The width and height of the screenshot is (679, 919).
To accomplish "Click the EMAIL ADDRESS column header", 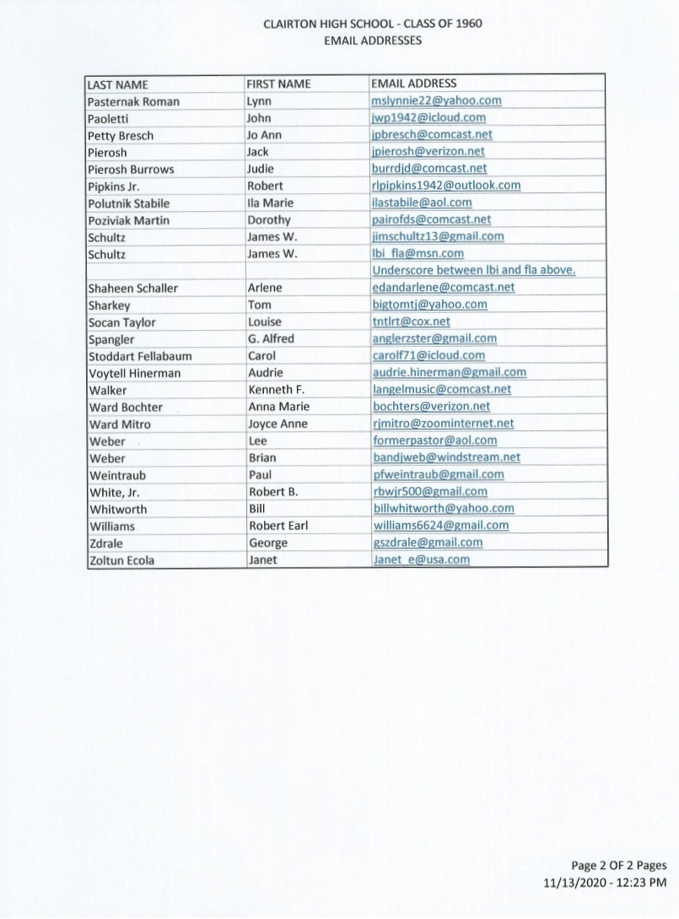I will tap(413, 84).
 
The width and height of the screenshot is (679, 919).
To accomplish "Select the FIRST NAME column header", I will tap(278, 84).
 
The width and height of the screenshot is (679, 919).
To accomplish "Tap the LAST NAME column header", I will tap(118, 84).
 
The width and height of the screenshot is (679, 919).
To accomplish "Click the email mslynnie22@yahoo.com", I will tap(436, 100).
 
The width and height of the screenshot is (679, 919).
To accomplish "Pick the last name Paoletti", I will tap(110, 118).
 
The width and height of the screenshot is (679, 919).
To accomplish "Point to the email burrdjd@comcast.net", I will tap(429, 169).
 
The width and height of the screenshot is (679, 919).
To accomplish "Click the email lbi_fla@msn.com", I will tap(418, 253).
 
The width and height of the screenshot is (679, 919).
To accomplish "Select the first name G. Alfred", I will tap(271, 338).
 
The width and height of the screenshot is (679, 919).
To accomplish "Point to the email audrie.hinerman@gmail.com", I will tap(449, 372).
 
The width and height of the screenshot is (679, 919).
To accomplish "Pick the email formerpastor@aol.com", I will tap(434, 441).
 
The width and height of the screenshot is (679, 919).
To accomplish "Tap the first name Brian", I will tap(262, 457).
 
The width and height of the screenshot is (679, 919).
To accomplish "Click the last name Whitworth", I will tap(117, 509).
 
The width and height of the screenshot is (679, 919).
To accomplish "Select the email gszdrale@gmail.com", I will tap(428, 543).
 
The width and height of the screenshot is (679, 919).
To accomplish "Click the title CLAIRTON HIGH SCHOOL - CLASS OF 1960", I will tap(373, 24).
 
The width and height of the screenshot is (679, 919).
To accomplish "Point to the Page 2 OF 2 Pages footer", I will tap(619, 865).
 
